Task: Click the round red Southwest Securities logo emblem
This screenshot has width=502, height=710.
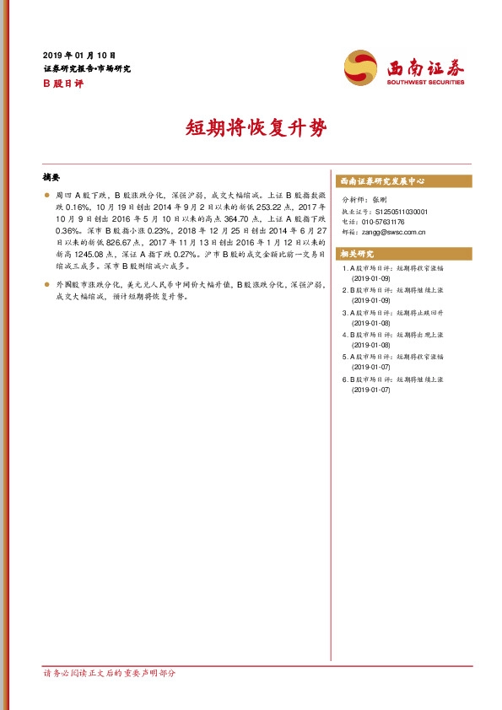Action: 360,67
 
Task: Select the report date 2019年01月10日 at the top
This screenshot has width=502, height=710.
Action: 79,54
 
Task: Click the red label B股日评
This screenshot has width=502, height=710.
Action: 58,84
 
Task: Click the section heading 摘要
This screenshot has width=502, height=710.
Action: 51,178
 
